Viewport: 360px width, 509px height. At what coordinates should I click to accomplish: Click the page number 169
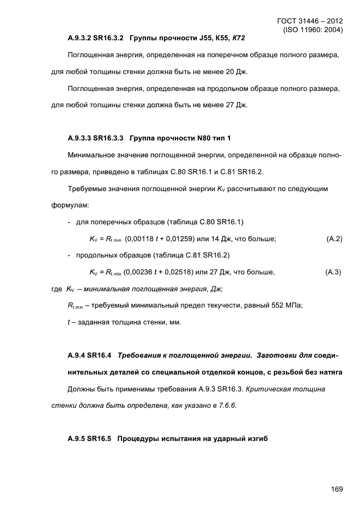click(336, 488)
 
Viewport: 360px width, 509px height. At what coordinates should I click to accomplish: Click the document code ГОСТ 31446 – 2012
click(310, 21)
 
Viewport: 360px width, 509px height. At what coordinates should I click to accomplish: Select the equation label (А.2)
click(334, 239)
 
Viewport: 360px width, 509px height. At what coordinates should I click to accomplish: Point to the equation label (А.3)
click(333, 272)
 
